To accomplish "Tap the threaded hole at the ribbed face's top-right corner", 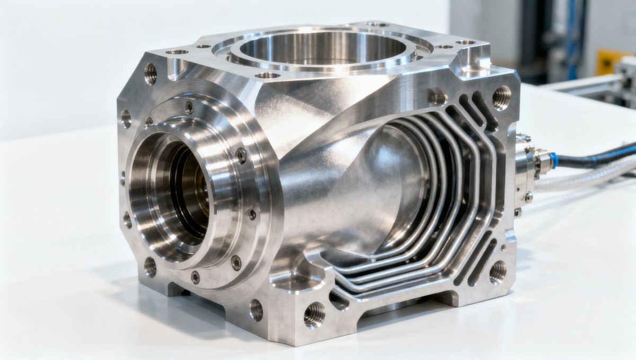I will pyautogui.click(x=501, y=97).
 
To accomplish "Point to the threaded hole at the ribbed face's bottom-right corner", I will pyautogui.click(x=497, y=271).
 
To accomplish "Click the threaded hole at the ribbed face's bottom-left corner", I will pyautogui.click(x=314, y=314).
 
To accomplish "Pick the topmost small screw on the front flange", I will pyautogui.click(x=189, y=108).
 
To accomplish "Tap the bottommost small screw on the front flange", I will pyautogui.click(x=196, y=276).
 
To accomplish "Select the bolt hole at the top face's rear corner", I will pyautogui.click(x=377, y=24).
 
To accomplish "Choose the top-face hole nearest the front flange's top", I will pyautogui.click(x=177, y=52).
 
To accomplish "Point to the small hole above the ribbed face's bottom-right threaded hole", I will pyautogui.click(x=502, y=247).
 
